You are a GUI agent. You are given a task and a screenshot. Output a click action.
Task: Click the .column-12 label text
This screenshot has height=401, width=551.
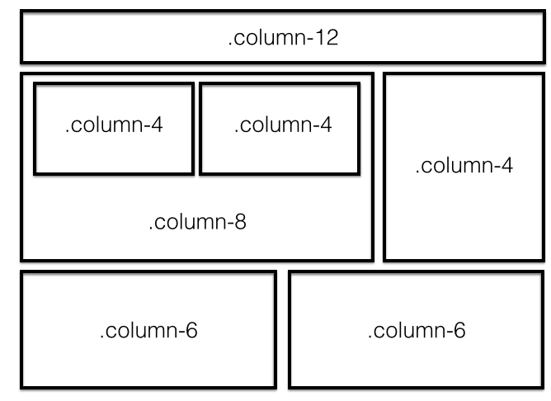[283, 37]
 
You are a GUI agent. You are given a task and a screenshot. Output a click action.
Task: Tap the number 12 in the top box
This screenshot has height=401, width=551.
[327, 37]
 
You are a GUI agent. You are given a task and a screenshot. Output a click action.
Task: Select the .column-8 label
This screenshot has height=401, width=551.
[197, 222]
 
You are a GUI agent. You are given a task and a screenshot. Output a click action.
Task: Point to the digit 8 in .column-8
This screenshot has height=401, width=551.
[240, 222]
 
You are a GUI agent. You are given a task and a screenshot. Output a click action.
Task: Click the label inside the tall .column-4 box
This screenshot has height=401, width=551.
[464, 165]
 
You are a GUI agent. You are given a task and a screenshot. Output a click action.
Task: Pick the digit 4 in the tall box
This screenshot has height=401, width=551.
[506, 165]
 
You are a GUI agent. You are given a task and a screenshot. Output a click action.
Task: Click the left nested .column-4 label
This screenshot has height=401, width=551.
[114, 125]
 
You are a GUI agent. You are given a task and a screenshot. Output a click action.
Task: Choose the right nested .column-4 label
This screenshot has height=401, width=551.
[283, 125]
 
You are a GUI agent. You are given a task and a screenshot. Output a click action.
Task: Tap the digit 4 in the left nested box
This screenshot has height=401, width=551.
[157, 125]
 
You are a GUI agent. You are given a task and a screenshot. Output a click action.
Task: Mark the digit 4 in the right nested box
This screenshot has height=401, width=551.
[326, 125]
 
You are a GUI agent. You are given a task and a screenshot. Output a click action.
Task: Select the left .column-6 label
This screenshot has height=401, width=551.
[148, 330]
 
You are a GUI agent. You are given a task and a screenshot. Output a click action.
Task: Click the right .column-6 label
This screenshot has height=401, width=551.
[417, 330]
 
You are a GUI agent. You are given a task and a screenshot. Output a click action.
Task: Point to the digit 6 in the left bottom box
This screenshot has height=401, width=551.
[191, 330]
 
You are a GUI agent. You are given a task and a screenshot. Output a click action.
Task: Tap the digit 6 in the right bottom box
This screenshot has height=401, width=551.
[459, 330]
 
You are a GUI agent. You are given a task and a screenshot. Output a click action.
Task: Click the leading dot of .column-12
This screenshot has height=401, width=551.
[230, 45]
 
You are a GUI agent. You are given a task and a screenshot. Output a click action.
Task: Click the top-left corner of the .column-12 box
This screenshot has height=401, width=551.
[21, 12]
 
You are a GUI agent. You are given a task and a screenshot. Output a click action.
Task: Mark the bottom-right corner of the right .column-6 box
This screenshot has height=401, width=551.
[543, 387]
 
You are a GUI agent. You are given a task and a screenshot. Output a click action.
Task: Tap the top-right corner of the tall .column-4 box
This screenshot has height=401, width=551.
[544, 74]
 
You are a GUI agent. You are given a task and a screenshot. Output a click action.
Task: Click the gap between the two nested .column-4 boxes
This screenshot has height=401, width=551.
[197, 129]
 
